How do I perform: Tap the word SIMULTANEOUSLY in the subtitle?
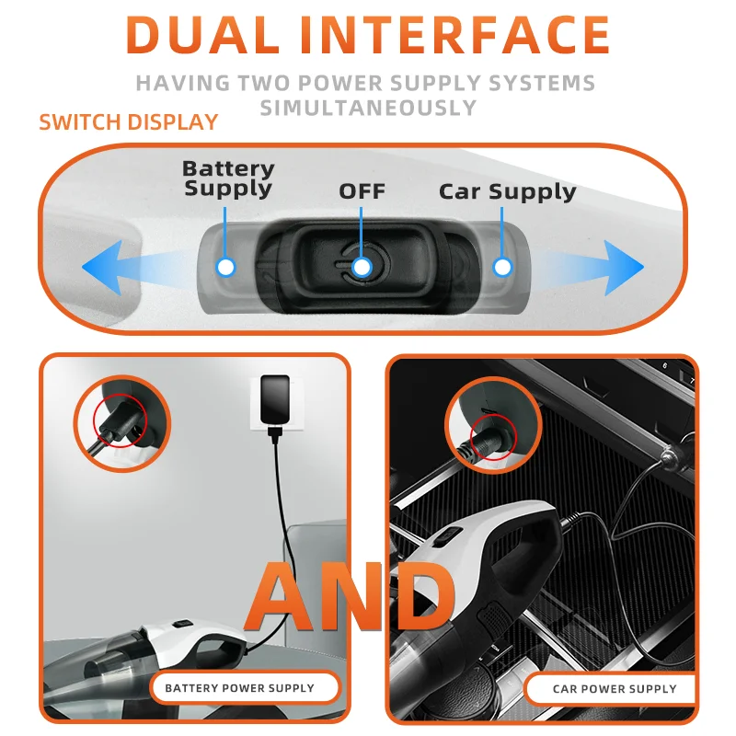[368, 108]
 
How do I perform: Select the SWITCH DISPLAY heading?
[128, 122]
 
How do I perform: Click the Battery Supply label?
[228, 178]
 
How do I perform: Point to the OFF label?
[362, 191]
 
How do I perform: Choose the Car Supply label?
[507, 191]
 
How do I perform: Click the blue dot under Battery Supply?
[225, 267]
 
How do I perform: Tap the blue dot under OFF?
[362, 267]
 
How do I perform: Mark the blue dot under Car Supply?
[501, 267]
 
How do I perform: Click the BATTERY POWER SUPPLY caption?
[239, 688]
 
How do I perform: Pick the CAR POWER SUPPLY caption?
[614, 689]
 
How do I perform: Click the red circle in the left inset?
[118, 424]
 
